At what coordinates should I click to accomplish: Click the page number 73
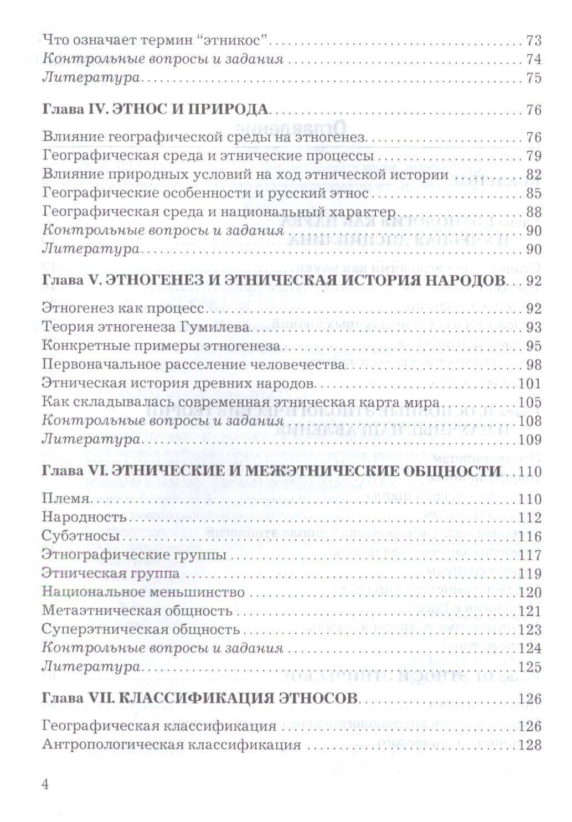point(533,40)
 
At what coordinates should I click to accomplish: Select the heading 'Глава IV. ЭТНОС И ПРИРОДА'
point(155,109)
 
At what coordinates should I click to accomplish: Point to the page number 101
point(530,384)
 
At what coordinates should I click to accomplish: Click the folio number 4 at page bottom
point(46,784)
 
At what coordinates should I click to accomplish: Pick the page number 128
point(530,745)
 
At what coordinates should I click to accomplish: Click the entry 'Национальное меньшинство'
point(143,592)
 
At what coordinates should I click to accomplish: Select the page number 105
point(530,402)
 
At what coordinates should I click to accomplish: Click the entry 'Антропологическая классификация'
point(172,745)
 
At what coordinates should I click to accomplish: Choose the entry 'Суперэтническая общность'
point(141,630)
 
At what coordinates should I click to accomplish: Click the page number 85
point(533,194)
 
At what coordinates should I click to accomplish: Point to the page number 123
point(530,630)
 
